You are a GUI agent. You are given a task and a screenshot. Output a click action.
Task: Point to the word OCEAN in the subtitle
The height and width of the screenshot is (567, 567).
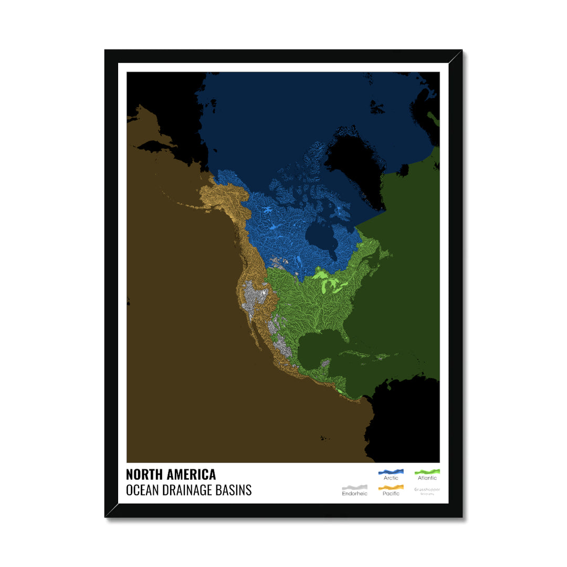point(141,490)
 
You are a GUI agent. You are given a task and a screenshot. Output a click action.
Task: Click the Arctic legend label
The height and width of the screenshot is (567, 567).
point(391,478)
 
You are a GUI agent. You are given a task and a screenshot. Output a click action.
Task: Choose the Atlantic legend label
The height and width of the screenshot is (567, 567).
point(427,478)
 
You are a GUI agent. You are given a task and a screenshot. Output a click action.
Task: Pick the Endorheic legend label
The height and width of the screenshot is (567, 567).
point(354,493)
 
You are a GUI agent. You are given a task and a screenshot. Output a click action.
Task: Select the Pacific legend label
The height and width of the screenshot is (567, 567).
point(391,493)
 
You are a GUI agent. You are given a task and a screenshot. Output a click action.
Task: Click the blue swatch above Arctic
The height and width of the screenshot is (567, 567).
point(391,471)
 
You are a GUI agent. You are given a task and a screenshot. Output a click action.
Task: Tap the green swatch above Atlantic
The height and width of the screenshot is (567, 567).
point(427,471)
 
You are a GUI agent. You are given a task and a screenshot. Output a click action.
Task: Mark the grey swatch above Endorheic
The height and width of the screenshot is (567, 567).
point(354,487)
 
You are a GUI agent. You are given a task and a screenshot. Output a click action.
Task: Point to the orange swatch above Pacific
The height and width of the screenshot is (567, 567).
point(391,487)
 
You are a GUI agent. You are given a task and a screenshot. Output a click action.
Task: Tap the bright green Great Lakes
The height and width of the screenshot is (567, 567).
point(331,283)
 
